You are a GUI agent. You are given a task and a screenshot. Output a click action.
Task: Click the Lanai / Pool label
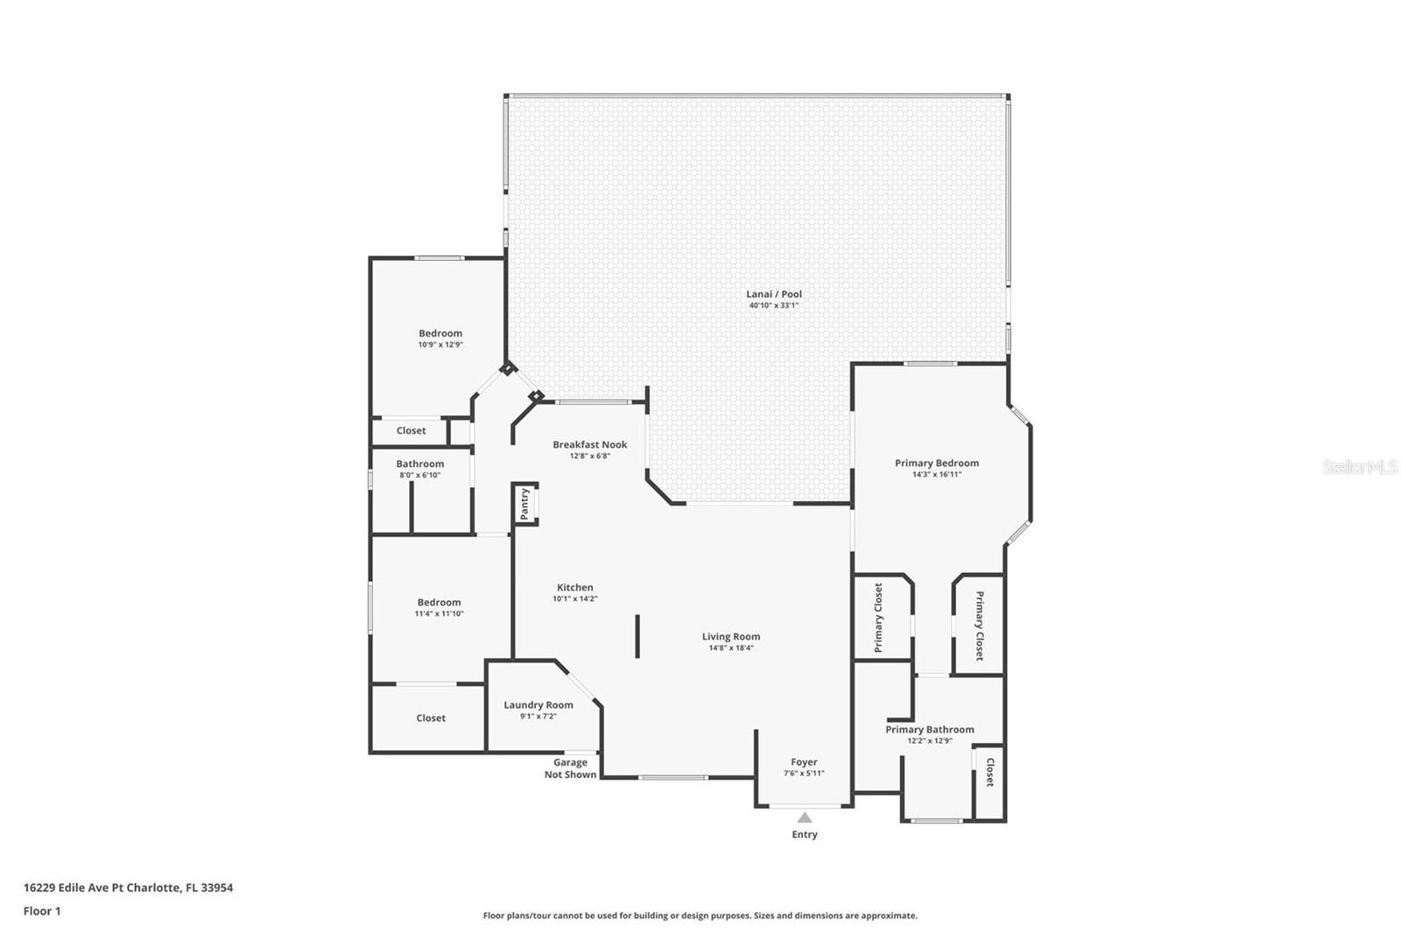click(773, 294)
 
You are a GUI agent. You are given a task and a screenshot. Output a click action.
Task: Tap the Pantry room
click(524, 504)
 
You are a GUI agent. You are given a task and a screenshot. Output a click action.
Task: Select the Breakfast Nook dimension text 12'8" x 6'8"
click(589, 456)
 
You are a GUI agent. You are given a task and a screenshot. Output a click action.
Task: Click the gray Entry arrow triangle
click(804, 817)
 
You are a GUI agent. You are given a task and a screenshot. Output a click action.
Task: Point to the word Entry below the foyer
click(804, 835)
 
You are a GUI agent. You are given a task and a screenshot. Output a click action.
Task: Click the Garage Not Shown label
click(570, 768)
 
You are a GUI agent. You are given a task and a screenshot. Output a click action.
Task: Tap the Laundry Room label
click(538, 704)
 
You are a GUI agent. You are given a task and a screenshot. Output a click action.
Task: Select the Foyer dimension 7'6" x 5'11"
click(804, 774)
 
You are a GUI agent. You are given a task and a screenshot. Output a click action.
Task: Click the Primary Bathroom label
click(929, 729)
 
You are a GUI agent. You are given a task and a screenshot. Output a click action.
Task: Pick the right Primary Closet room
click(979, 625)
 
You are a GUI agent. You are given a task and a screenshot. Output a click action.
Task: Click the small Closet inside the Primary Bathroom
click(989, 774)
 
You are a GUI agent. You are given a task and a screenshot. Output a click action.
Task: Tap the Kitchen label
click(574, 587)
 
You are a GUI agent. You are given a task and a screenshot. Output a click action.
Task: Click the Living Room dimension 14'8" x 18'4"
click(730, 648)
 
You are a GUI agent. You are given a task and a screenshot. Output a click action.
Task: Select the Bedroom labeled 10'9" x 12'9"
click(440, 338)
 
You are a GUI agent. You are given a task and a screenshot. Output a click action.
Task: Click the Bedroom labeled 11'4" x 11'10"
click(439, 607)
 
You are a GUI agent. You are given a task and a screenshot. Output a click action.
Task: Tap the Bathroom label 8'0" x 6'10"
click(419, 469)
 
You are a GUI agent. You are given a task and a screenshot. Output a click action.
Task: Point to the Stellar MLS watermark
click(1359, 467)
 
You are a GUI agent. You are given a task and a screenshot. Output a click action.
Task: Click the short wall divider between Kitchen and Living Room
click(637, 636)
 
